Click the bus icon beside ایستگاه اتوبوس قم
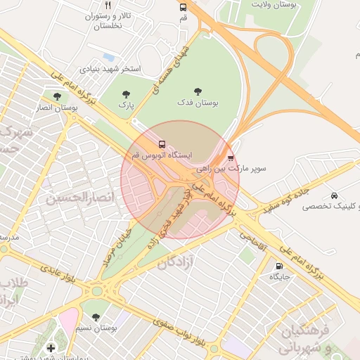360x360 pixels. (x=162, y=143)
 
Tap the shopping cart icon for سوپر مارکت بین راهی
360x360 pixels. (x=231, y=158)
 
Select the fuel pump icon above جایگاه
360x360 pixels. (x=280, y=266)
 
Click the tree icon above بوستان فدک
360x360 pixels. (x=198, y=91)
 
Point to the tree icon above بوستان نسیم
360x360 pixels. (x=96, y=318)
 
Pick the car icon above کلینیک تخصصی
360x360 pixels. (x=333, y=195)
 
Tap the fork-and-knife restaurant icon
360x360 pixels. (x=108, y=5)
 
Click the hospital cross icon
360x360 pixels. (x=50, y=347)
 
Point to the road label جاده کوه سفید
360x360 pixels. (x=285, y=198)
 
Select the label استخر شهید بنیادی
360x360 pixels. (x=110, y=69)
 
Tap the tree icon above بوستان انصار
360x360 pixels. (x=57, y=96)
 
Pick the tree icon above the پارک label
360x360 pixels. (x=126, y=94)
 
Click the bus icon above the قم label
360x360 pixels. (x=184, y=7)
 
